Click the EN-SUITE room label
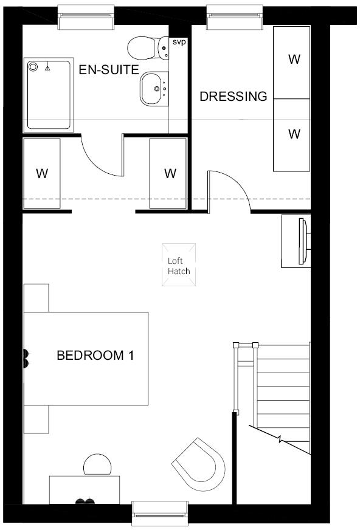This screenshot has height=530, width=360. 109,69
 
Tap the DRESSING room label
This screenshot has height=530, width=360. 234,96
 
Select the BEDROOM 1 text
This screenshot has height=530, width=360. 95,355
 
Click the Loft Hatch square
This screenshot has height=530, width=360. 179,264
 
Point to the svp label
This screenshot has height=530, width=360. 178,42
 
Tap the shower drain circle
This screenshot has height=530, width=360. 33,66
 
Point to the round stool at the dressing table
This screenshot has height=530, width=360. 97,466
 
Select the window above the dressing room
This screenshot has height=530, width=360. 235,18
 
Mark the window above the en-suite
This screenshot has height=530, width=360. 86,18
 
